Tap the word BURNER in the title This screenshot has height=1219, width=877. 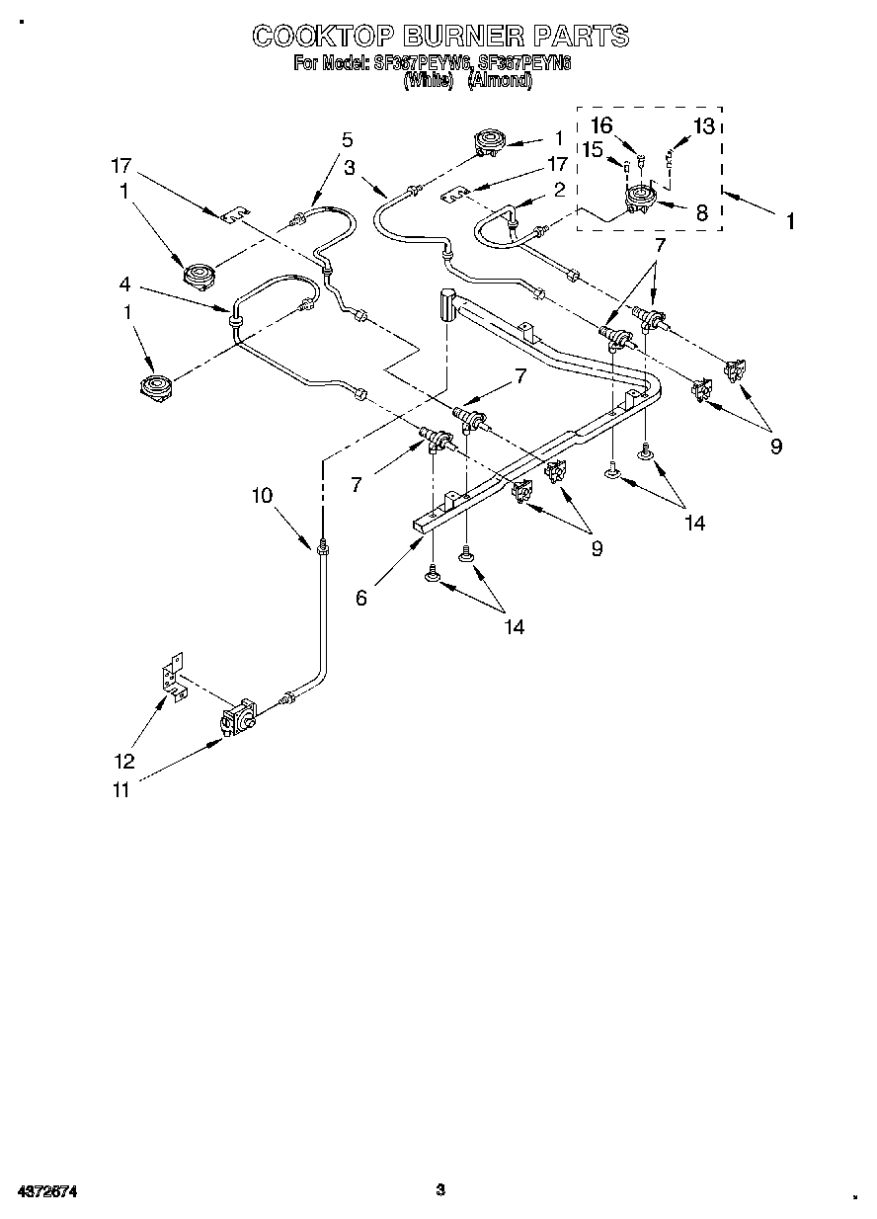pos(463,37)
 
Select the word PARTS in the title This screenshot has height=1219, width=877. pos(581,37)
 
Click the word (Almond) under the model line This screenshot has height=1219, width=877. pos(499,82)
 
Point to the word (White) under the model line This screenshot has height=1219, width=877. pos(428,82)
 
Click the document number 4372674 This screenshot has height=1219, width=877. pos(46,1191)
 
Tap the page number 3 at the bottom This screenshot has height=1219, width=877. pos(440,1189)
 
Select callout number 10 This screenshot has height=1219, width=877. pos(262,496)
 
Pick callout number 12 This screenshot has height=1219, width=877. pos(122,762)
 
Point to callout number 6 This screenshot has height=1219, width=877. pos(361,598)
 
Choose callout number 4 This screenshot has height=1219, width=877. pos(124,284)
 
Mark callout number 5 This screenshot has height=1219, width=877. pos(347,139)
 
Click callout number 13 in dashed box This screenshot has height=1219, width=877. pos(703,125)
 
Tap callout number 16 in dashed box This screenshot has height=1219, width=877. pos(601,125)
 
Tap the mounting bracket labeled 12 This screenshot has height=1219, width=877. pos(175,680)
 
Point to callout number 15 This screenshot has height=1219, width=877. pos(592,149)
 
